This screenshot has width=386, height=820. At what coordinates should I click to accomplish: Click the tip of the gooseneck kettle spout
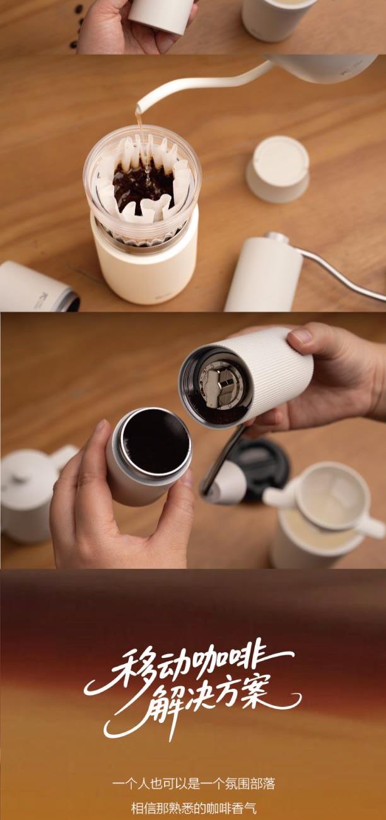pos(138,110)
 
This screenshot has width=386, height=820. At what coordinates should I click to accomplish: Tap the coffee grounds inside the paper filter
pos(143,187)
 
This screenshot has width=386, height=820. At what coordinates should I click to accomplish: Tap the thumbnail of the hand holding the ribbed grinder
pos(302,336)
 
